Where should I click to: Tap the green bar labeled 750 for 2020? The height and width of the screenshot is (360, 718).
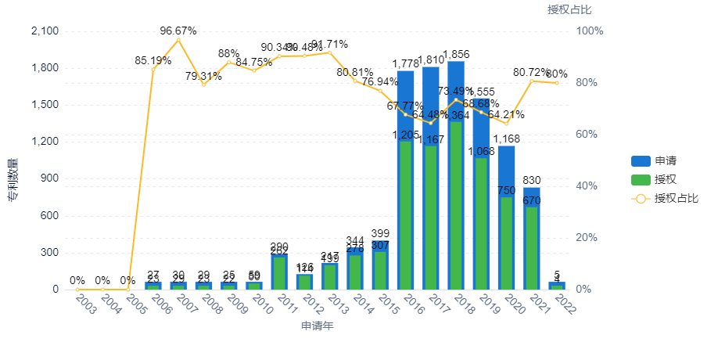pyautogui.click(x=506, y=243)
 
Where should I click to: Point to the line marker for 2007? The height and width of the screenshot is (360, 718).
pyautogui.click(x=178, y=40)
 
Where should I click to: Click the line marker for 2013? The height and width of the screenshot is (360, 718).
pyautogui.click(x=329, y=52)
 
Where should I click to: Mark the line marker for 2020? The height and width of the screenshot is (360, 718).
pyautogui.click(x=506, y=124)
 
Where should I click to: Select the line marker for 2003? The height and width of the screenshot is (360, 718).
pyautogui.click(x=77, y=290)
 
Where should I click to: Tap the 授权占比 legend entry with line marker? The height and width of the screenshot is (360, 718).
pyautogui.click(x=664, y=199)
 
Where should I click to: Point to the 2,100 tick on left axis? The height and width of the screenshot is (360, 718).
pyautogui.click(x=44, y=31)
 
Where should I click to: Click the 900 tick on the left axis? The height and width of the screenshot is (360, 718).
pyautogui.click(x=48, y=178)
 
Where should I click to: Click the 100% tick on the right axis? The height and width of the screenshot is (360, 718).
pyautogui.click(x=589, y=31)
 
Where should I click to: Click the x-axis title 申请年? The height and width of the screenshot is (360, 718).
pyautogui.click(x=317, y=326)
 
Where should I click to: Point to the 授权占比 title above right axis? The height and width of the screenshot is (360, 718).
pyautogui.click(x=569, y=9)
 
